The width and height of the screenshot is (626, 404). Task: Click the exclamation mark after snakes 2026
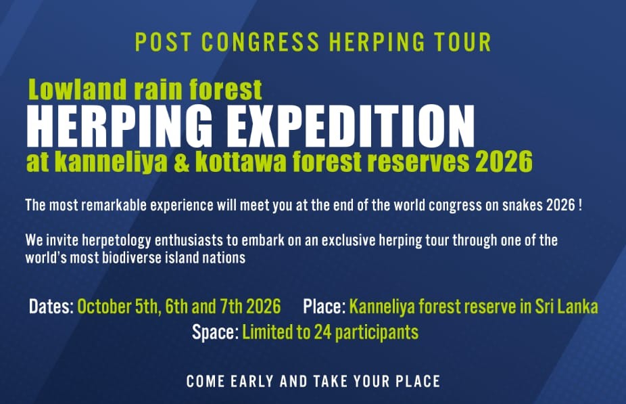(581, 205)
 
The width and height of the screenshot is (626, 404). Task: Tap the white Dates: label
(51, 307)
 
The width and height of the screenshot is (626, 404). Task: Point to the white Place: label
(324, 307)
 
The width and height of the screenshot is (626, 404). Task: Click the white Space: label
(214, 332)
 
